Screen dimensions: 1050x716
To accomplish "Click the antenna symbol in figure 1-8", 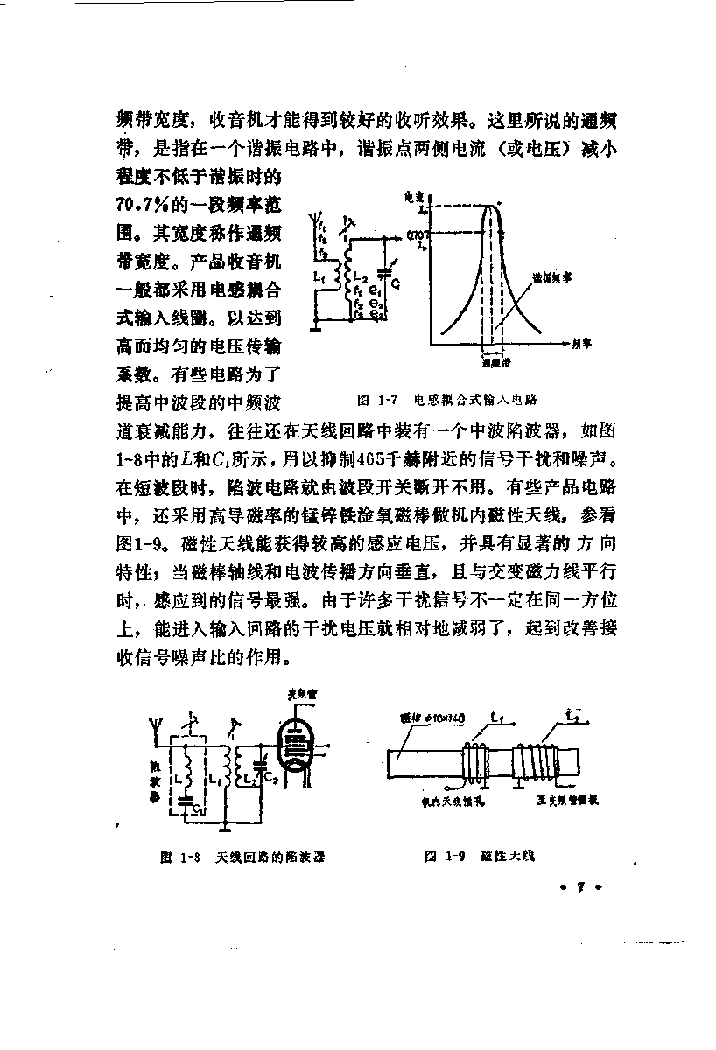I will pyautogui.click(x=154, y=726).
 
